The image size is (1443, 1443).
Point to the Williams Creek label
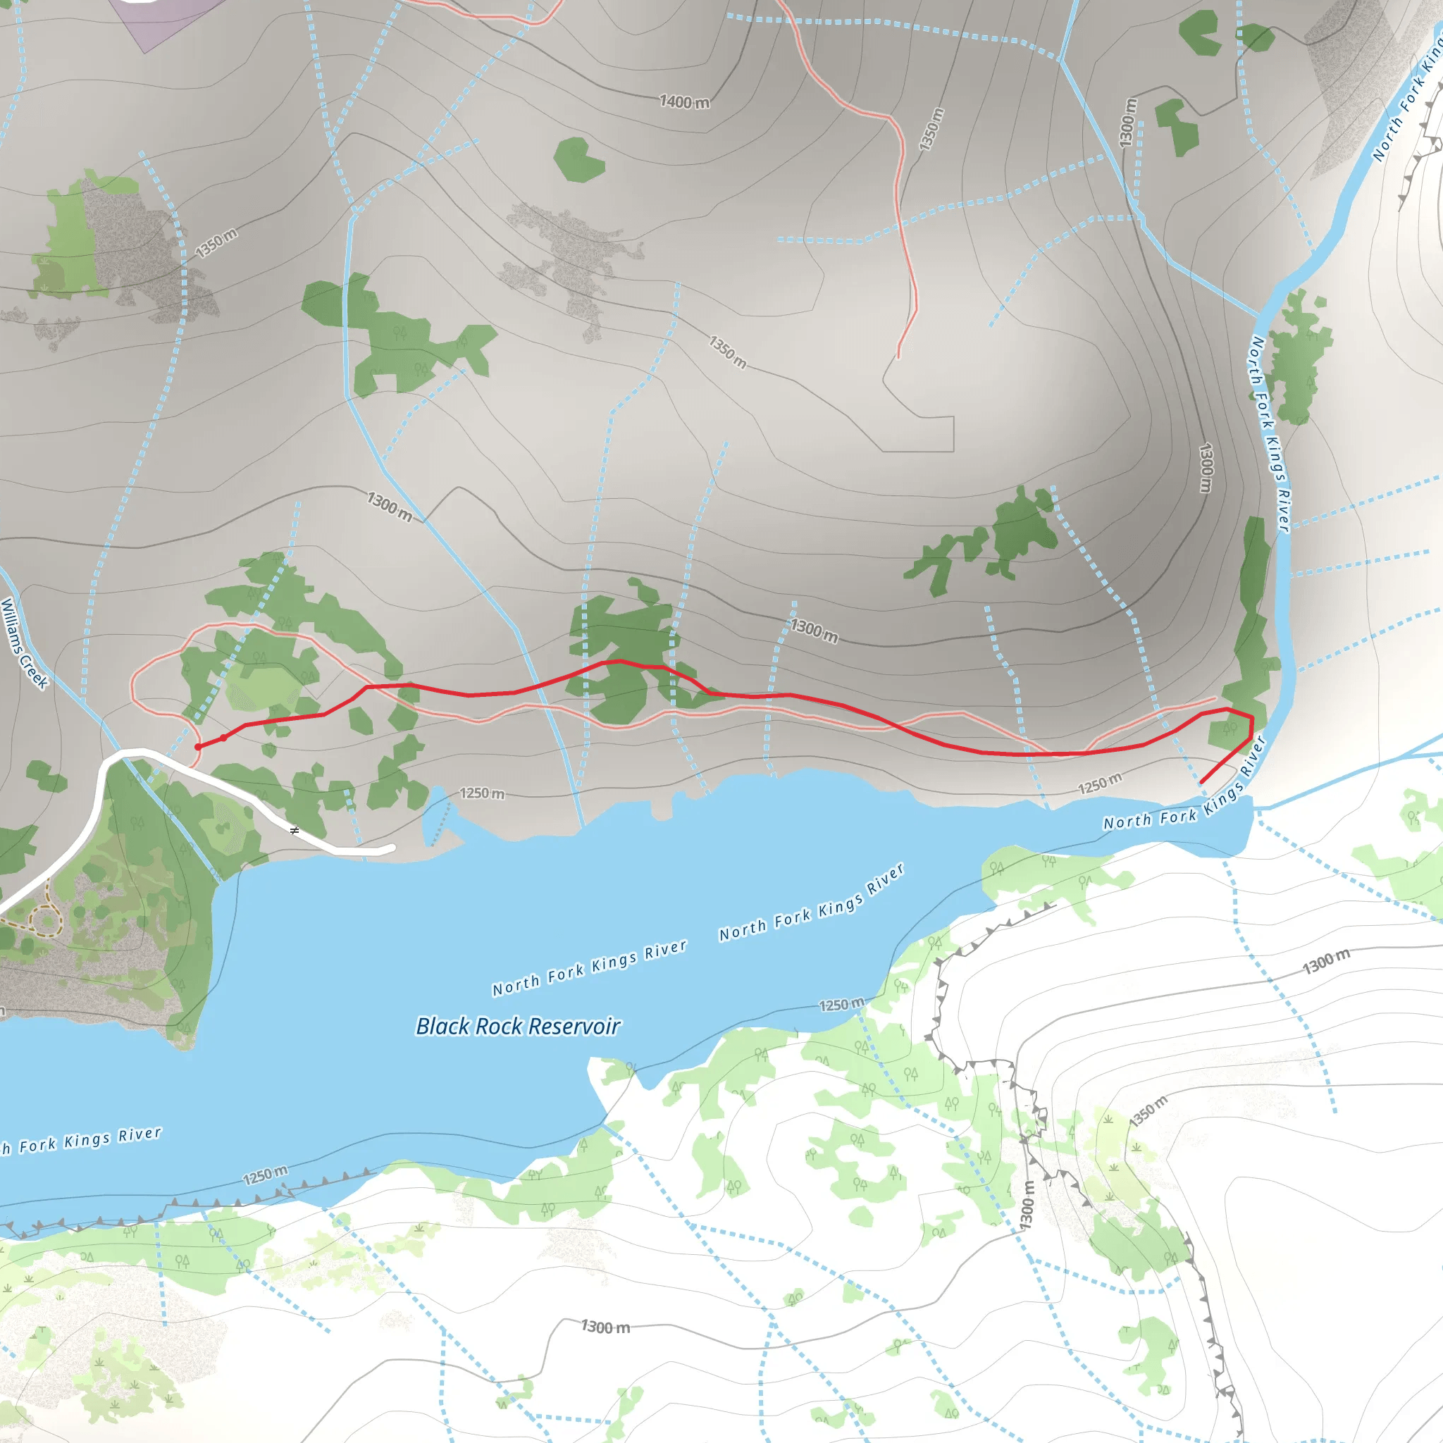24,643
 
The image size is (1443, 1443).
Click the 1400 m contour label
684,101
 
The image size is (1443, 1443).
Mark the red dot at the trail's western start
198,747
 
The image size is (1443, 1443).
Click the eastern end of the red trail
1202,782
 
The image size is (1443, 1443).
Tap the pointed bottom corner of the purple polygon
144,52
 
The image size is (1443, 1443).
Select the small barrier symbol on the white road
295,831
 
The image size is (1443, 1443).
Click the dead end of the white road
391,848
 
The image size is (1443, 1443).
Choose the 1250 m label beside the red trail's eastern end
1099,784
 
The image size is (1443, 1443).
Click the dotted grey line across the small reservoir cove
441,822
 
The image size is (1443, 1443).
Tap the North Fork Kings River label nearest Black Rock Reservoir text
589,967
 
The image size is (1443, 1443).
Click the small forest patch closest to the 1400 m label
580,159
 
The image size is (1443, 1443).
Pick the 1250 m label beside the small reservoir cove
482,793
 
